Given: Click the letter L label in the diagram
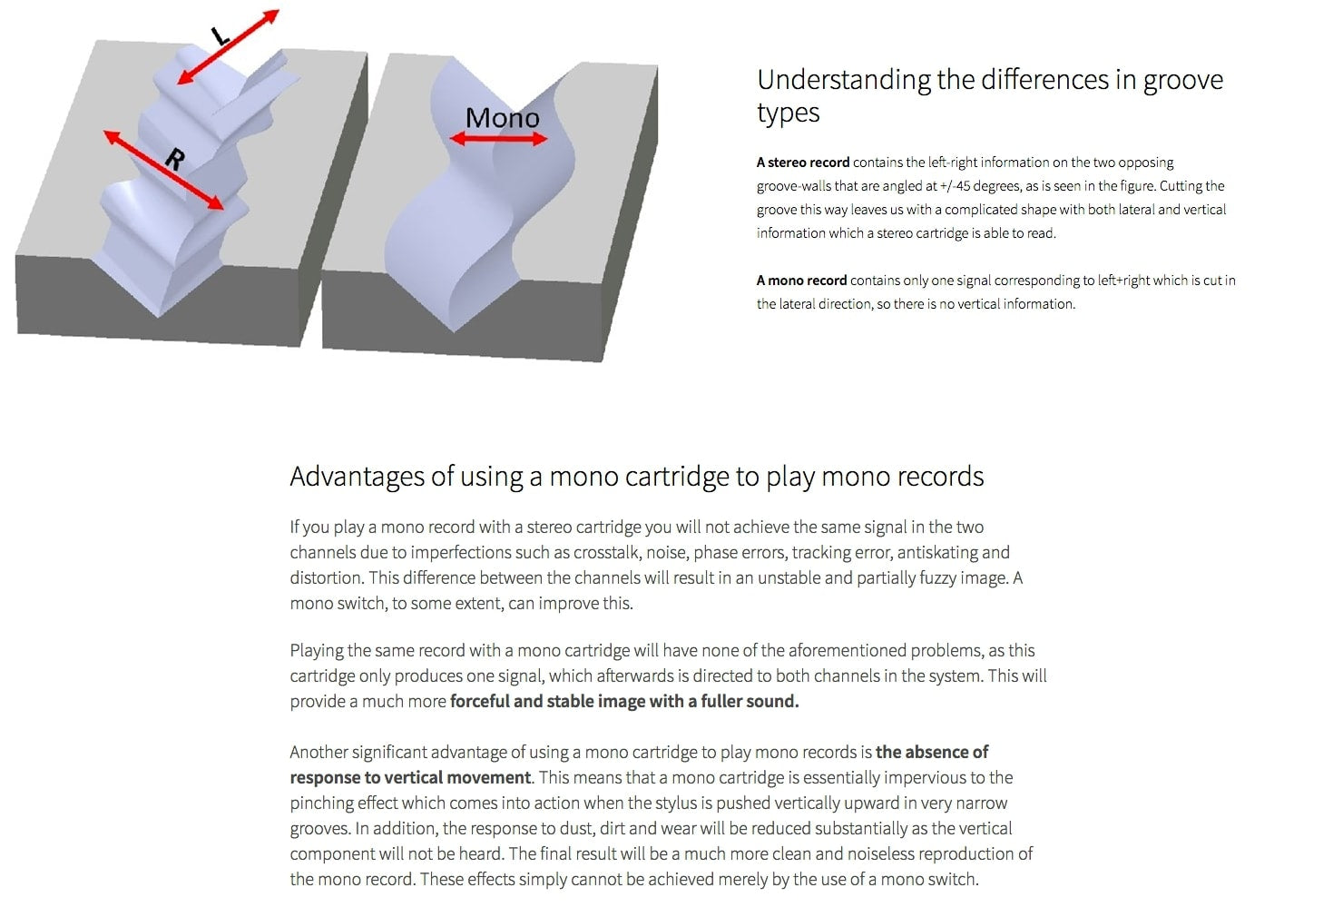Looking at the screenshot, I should click(x=220, y=36).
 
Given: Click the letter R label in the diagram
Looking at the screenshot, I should click(x=174, y=160).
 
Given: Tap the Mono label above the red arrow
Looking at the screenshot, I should click(x=502, y=118).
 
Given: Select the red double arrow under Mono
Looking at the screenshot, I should click(x=499, y=139).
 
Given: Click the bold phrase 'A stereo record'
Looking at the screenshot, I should click(x=803, y=163).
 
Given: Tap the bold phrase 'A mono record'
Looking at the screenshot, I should click(x=801, y=281).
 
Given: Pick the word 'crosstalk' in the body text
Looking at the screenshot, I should click(x=607, y=553).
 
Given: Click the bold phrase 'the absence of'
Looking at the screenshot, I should click(x=931, y=753).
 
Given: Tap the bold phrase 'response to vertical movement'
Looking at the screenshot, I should click(x=410, y=778).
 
